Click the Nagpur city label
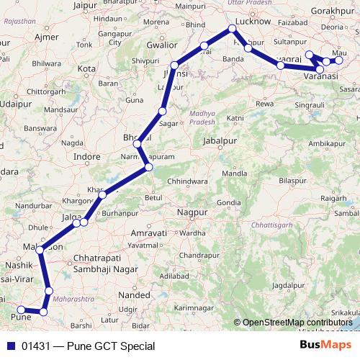click(191, 213)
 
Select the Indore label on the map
click(87, 156)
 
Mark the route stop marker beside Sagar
click(163, 112)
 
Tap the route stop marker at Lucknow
click(232, 29)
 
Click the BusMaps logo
click(325, 345)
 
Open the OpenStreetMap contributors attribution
click(297, 322)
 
